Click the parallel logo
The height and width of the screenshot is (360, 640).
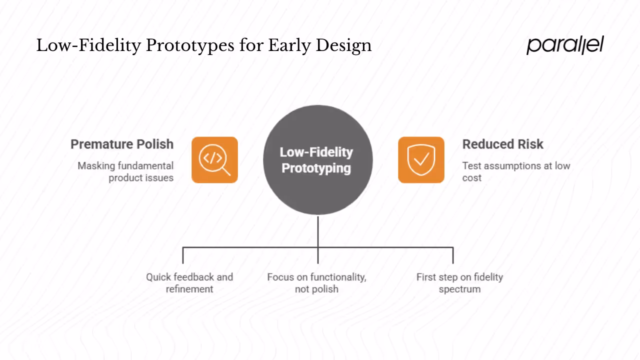coord(565,44)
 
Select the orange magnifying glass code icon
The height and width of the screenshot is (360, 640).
coord(214,160)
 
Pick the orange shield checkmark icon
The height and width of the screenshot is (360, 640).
coord(421,160)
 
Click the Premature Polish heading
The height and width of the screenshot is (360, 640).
coord(122,144)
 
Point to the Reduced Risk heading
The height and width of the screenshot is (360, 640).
coord(502,144)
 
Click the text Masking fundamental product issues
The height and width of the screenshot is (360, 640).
coord(125,171)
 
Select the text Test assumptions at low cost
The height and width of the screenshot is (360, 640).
coord(515,171)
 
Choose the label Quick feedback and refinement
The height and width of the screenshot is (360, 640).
coord(189,283)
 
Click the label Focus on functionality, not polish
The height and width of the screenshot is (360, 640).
coord(316,283)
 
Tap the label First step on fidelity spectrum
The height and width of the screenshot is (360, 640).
coord(459,283)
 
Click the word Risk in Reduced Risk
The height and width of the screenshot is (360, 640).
coord(529,144)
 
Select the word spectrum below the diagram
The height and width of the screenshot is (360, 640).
coord(459,289)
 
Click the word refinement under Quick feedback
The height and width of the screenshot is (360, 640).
coord(189,289)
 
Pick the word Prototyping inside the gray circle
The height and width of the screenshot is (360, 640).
coord(316,168)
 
